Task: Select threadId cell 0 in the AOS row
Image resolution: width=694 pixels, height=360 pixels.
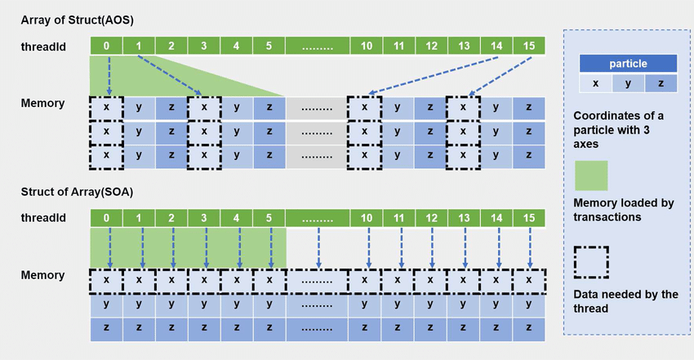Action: (107, 47)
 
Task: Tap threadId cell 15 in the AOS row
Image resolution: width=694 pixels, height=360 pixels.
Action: (529, 47)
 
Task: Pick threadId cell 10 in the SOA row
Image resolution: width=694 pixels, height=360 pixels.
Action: (367, 218)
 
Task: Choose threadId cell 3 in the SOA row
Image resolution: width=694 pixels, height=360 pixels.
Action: (204, 218)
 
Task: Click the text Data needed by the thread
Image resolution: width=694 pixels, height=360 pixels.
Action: (625, 300)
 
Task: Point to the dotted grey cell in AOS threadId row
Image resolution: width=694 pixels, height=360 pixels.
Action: (317, 47)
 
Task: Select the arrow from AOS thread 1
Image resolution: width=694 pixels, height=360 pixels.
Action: (170, 75)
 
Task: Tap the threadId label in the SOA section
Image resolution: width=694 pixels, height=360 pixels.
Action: (42, 218)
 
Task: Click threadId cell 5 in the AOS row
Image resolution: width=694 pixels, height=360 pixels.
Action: (269, 47)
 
